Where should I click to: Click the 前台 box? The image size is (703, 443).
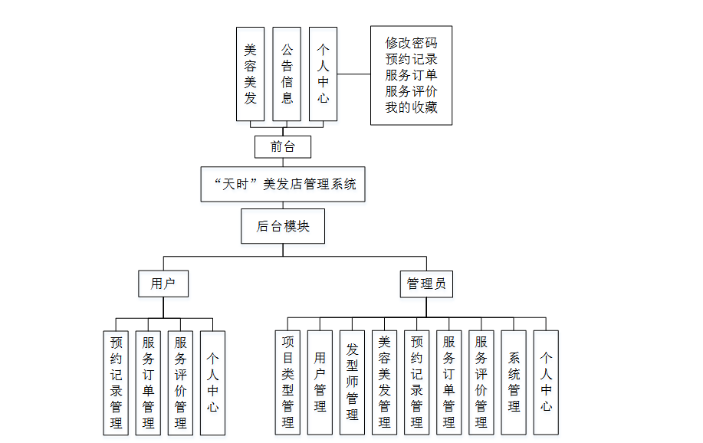coord(283,146)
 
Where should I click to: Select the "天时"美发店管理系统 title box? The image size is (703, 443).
coord(283,184)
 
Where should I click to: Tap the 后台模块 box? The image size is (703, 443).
coord(283,226)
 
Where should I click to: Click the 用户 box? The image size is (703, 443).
coord(163,284)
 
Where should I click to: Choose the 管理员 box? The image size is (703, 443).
coord(426,284)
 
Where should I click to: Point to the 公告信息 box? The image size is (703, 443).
coord(287,74)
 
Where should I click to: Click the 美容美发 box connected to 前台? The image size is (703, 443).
coord(250,74)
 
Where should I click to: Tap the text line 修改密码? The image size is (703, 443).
coord(411,43)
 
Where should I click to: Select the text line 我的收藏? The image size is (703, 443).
coord(411,107)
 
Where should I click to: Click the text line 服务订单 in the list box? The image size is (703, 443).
coord(411,75)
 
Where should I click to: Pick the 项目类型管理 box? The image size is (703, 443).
coord(288,382)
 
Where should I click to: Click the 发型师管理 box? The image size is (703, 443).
coord(353,382)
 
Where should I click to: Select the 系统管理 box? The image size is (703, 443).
coord(514,382)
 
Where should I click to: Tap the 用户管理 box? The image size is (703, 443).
coord(320,382)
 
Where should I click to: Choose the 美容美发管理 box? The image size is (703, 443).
coord(385,382)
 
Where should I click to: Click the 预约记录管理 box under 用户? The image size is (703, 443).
coord(117,382)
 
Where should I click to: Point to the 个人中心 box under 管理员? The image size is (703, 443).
coord(546,382)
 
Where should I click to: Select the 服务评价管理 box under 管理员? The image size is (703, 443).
coord(481,382)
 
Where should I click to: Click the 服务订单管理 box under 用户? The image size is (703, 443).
coord(149,382)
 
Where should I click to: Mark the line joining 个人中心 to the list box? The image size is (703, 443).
coord(353,74)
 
